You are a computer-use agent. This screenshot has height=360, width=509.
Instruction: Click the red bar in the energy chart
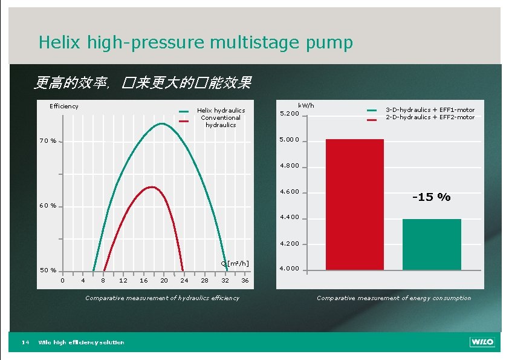point(354,205)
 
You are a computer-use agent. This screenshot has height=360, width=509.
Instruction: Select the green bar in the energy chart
point(432,244)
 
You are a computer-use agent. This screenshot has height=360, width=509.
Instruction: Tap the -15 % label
point(431,197)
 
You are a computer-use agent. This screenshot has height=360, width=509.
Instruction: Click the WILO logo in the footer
point(482,342)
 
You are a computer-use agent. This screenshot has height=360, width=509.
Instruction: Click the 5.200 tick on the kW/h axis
point(290,114)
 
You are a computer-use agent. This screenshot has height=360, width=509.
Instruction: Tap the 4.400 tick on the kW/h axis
point(290,218)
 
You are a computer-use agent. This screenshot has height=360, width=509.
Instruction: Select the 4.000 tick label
point(290,269)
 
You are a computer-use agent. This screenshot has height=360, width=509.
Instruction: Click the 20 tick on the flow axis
point(164,280)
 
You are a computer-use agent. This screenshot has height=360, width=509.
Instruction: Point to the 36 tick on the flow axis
point(245,280)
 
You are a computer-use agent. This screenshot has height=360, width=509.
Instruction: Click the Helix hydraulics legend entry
point(221,110)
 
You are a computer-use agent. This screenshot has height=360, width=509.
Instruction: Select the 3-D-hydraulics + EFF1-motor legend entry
point(430,110)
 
